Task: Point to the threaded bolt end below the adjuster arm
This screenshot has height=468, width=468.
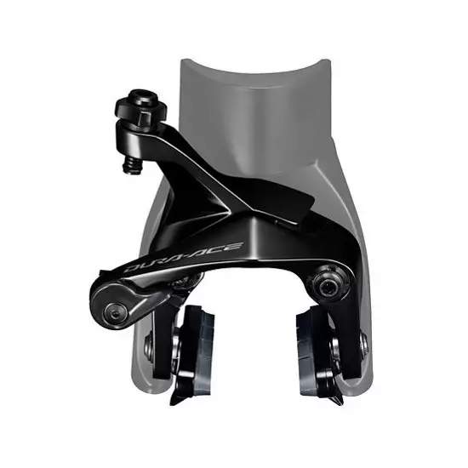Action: [x=132, y=166]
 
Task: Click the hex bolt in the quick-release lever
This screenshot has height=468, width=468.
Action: [x=114, y=311]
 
